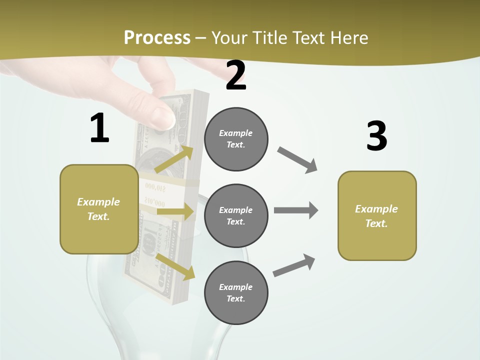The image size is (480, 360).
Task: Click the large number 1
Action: (99, 128)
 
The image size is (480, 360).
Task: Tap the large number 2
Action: (236, 75)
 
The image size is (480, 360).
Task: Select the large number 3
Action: (376, 136)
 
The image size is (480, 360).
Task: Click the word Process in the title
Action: (157, 37)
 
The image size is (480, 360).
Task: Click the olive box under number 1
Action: (99, 209)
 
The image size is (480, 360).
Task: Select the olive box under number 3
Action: (377, 215)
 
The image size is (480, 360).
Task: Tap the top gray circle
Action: (236, 139)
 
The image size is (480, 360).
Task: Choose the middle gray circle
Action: (236, 215)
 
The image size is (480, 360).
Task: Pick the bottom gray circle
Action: (236, 292)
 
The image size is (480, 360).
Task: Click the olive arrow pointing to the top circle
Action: (174, 159)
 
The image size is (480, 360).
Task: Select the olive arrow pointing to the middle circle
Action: (175, 212)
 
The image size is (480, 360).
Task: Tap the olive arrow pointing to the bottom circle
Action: (175, 266)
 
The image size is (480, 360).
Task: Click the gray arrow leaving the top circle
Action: (298, 160)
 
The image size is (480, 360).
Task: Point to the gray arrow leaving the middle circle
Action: (296, 210)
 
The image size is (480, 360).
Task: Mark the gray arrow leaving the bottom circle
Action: (294, 265)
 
